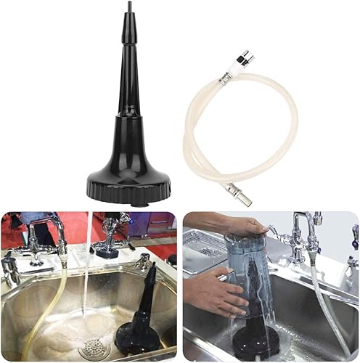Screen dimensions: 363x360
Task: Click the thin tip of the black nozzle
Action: pyautogui.click(x=129, y=7)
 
